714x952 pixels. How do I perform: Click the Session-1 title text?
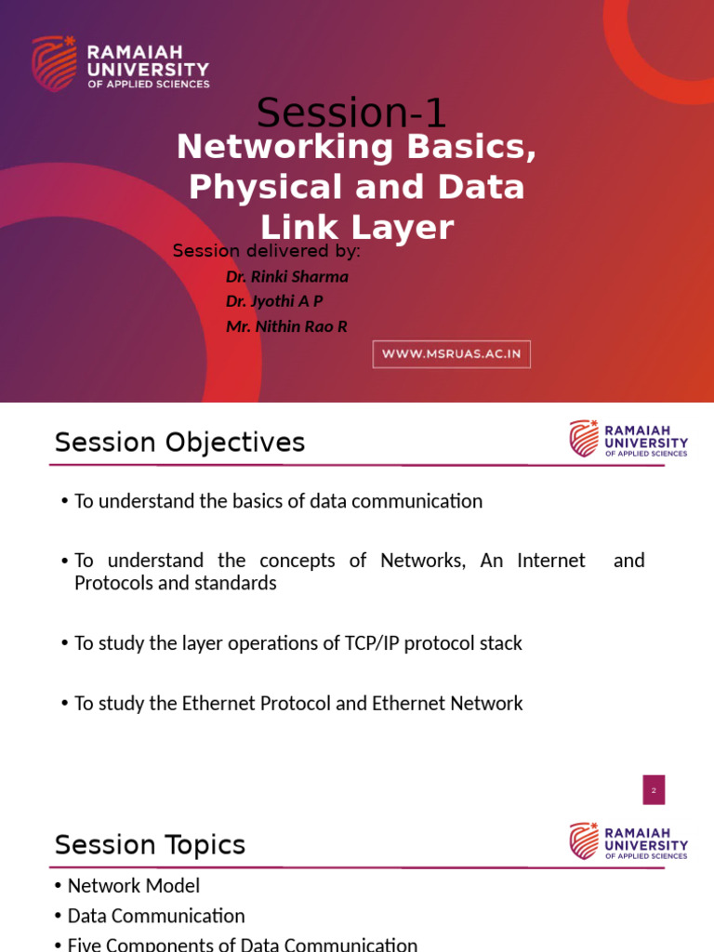(351, 113)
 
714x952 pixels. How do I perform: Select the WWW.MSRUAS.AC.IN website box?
(452, 354)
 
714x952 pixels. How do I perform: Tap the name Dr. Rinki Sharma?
(287, 276)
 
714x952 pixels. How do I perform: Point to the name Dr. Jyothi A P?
(274, 301)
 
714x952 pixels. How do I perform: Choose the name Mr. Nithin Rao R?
(286, 326)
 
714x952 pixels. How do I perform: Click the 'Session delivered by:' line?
(267, 251)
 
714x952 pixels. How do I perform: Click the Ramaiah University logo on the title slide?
(121, 63)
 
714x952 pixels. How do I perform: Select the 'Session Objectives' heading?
(179, 443)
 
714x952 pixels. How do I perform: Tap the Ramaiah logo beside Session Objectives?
(628, 439)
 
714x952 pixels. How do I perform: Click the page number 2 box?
(654, 790)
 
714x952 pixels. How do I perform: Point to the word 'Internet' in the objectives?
(551, 561)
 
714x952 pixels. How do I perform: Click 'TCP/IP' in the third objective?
(382, 643)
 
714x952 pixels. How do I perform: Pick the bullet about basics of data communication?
(278, 501)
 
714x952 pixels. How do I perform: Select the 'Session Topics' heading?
(150, 845)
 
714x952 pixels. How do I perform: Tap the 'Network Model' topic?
(134, 886)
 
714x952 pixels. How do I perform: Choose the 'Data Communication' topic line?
(156, 916)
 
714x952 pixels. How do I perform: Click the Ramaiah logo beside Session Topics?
(628, 841)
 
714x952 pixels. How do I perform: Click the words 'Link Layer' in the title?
(357, 228)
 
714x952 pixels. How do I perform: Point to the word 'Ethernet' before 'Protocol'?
(220, 703)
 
